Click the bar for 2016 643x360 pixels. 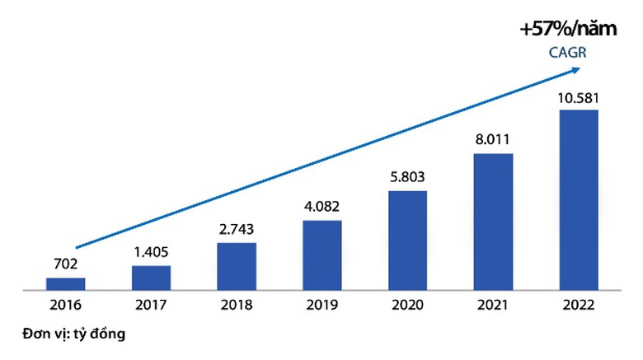click(65, 284)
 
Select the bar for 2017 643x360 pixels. click(151, 278)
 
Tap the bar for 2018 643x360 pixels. click(237, 266)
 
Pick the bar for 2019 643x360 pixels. click(321, 255)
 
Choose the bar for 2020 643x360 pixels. click(407, 241)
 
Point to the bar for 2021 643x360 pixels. click(493, 222)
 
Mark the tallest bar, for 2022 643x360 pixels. click(579, 200)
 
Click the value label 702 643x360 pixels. click(65, 264)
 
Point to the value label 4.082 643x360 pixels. click(322, 208)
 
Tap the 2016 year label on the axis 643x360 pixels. click(65, 306)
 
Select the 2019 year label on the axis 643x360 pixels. click(322, 306)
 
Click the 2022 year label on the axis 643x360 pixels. click(579, 306)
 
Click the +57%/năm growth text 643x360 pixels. click(568, 30)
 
